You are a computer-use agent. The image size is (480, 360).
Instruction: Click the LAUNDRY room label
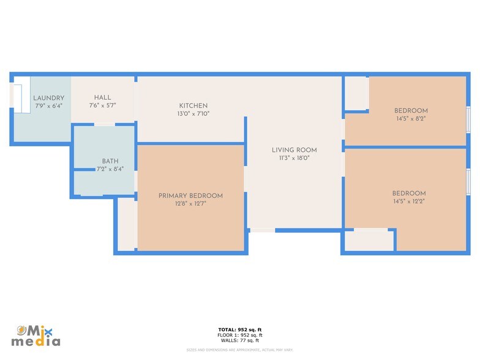(x=48, y=98)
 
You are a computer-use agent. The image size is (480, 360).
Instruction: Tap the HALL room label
(x=103, y=97)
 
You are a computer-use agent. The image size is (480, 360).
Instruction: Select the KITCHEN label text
(x=193, y=106)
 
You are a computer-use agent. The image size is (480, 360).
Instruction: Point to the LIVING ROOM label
(x=294, y=150)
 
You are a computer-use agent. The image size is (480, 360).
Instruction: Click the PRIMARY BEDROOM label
(x=190, y=196)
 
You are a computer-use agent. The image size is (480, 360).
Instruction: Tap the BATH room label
(x=110, y=161)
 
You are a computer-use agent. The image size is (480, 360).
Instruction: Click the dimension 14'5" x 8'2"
(x=410, y=119)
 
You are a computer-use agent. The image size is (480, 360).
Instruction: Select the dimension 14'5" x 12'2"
(x=409, y=201)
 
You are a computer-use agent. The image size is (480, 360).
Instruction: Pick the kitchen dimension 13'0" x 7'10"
(x=193, y=114)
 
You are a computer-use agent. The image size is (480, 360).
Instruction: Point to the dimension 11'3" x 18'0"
(x=294, y=158)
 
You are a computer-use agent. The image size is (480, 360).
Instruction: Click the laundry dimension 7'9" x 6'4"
(x=48, y=106)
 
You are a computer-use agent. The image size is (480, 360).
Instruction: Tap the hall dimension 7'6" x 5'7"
(x=103, y=105)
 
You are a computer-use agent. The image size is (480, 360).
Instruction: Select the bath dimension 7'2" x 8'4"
(x=110, y=169)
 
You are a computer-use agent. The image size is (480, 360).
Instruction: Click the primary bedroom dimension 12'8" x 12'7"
(x=190, y=204)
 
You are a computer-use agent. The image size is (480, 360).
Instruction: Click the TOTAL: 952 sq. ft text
(x=240, y=330)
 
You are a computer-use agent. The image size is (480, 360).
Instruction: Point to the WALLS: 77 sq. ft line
(x=240, y=340)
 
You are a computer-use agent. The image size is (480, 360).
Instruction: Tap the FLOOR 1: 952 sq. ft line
(x=240, y=336)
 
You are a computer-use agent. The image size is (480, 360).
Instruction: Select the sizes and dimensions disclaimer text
(x=240, y=350)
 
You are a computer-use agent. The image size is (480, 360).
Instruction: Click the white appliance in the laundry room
(x=18, y=100)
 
